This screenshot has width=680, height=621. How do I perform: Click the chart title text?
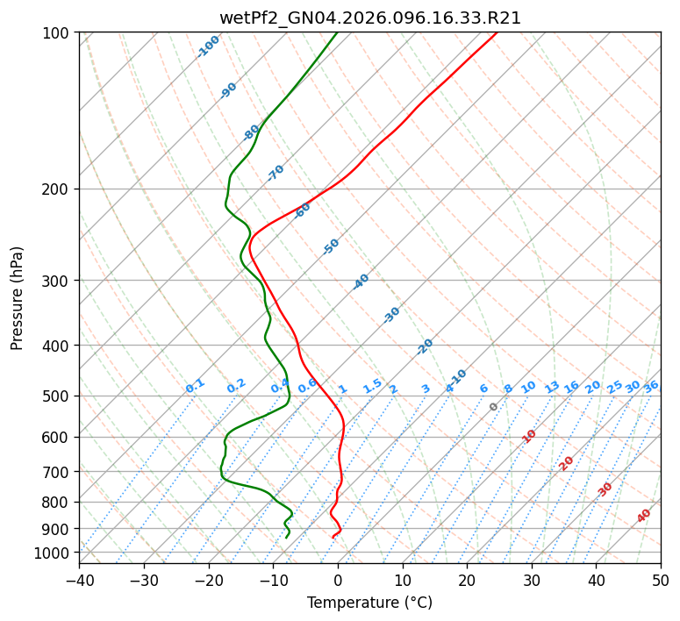click(x=369, y=18)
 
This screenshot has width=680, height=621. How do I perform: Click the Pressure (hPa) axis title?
click(x=18, y=297)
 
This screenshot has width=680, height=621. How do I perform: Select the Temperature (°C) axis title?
click(x=369, y=603)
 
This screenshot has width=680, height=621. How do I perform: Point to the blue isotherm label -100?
click(x=209, y=46)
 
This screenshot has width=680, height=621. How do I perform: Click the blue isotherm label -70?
click(x=276, y=173)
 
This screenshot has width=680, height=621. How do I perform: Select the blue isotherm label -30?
click(x=391, y=315)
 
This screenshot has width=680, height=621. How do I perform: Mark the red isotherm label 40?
click(x=644, y=516)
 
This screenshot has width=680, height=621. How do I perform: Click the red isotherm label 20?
click(x=567, y=462)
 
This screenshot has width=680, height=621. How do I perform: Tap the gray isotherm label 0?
click(x=494, y=407)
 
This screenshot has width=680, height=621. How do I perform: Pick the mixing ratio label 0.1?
click(x=195, y=386)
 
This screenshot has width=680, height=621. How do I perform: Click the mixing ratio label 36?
click(x=651, y=386)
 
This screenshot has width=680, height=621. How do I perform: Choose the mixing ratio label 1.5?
click(x=372, y=385)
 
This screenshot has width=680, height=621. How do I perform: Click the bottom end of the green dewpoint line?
click(x=287, y=537)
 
